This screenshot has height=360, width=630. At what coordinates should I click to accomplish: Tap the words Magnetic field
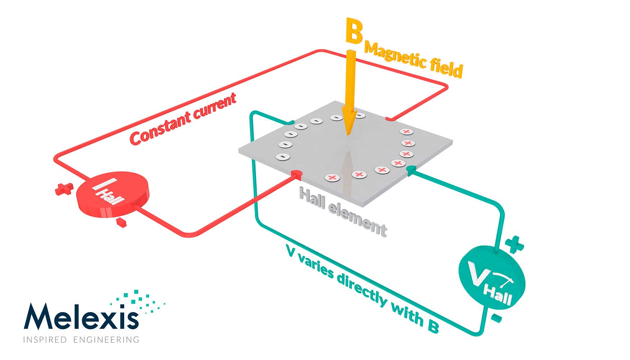[413, 60]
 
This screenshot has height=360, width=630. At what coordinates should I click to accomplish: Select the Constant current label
[183, 118]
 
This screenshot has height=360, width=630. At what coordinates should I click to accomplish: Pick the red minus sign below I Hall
[121, 222]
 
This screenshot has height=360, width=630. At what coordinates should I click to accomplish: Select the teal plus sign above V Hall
[514, 244]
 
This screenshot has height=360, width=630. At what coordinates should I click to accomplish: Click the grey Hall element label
[343, 212]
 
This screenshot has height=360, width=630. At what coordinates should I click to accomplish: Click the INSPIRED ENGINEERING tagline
[81, 339]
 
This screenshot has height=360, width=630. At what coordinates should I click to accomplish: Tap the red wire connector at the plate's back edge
[390, 118]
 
